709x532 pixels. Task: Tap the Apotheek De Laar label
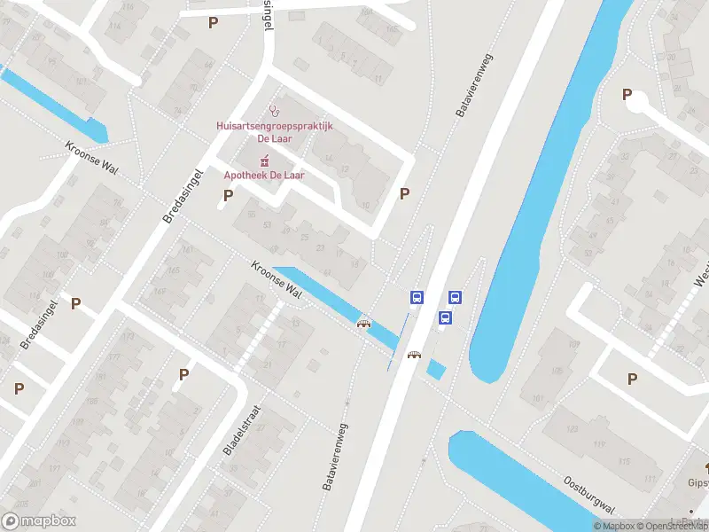(x=263, y=176)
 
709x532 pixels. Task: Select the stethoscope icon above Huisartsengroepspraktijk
(x=275, y=113)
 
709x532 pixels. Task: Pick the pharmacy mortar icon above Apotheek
(x=263, y=160)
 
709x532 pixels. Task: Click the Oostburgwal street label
(x=589, y=494)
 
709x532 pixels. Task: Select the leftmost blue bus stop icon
(x=417, y=298)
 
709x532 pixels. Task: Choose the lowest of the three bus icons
(x=446, y=317)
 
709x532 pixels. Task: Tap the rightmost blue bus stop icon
(x=456, y=298)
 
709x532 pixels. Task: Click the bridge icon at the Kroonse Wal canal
(x=363, y=323)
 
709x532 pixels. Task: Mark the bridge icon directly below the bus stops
(x=413, y=356)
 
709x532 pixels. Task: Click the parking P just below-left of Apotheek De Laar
(x=228, y=196)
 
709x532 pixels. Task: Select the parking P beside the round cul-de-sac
(x=627, y=94)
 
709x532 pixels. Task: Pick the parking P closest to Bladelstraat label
(x=183, y=374)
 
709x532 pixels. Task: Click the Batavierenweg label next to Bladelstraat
(x=334, y=457)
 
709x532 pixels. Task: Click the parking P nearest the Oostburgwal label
(x=632, y=379)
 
